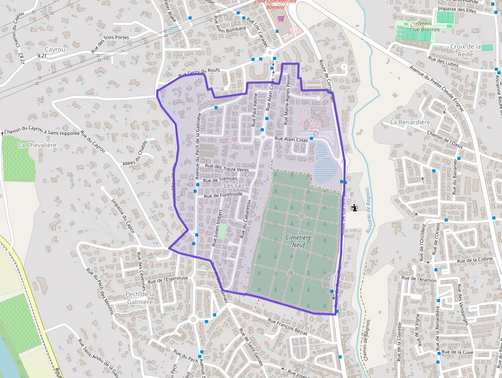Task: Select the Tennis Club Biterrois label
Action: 425,26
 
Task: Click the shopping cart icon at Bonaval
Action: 281,19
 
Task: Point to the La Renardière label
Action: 410,122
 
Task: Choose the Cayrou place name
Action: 55,49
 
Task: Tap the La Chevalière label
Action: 37,145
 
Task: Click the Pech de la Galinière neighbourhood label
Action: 139,298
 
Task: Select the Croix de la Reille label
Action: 465,50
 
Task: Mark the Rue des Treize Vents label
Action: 226,167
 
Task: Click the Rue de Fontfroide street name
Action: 223,195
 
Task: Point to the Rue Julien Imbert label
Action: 217,228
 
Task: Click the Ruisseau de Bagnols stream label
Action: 367,211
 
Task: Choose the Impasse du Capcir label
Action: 122,213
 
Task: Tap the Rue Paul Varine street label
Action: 254,113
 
